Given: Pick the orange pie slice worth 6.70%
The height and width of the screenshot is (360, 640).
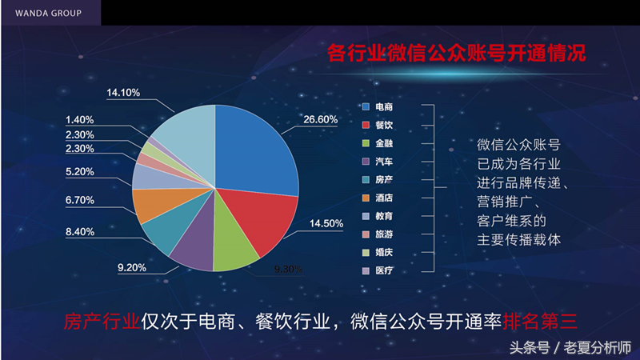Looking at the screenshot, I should (x=152, y=206).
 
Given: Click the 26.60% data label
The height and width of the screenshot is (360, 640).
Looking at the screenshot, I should (x=320, y=119).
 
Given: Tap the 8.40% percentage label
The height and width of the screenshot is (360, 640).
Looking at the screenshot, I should (x=79, y=232).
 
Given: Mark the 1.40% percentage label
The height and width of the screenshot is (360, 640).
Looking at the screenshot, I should (x=80, y=120).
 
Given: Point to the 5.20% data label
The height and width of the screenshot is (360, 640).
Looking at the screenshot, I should (x=79, y=171).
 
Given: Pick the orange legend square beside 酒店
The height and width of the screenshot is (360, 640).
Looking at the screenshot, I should (x=365, y=198).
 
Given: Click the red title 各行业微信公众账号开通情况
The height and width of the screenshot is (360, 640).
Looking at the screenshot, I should (x=457, y=54).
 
